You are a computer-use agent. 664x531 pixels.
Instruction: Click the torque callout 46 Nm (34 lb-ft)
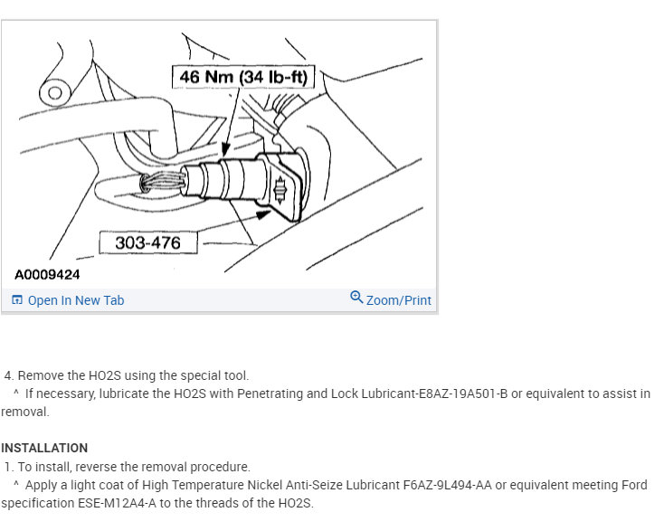[x=243, y=77]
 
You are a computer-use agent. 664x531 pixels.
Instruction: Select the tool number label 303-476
[x=147, y=242]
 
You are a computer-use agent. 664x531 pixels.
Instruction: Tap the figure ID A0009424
[x=47, y=274]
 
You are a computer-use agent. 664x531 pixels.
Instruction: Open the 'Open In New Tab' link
[x=76, y=300]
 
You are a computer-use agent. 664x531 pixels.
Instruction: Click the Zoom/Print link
[x=398, y=300]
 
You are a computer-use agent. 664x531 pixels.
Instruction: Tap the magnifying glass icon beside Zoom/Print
[x=356, y=298]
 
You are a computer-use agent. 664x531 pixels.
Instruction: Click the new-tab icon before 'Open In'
[x=17, y=299]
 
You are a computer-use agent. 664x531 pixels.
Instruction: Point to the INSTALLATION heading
[x=44, y=448]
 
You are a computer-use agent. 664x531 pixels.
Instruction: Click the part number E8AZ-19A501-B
[x=463, y=394]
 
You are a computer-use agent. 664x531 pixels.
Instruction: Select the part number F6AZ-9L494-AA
[x=448, y=485]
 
